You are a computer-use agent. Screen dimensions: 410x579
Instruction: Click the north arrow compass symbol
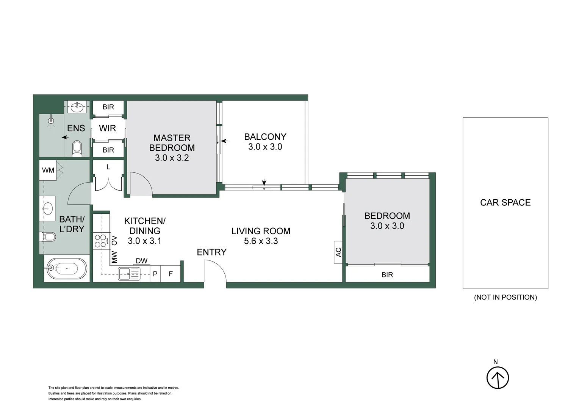(498, 377)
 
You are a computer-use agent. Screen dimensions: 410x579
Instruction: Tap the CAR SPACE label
(505, 202)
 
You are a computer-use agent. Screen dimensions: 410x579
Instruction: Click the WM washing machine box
(48, 170)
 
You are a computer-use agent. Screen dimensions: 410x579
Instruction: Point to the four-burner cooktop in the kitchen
(100, 241)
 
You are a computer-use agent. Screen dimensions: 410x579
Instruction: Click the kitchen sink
(129, 273)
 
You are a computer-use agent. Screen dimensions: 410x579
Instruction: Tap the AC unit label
(338, 252)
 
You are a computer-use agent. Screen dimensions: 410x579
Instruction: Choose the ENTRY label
(211, 252)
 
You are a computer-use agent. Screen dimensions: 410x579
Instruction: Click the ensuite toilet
(77, 148)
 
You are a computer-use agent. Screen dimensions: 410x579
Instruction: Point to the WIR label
(107, 128)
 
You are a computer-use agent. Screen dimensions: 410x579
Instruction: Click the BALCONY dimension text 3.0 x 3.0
(265, 147)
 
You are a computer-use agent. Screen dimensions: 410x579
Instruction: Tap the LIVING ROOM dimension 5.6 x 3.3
(261, 241)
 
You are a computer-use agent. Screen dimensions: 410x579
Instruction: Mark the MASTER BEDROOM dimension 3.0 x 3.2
(172, 158)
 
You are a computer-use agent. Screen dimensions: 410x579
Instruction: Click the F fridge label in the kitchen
(171, 274)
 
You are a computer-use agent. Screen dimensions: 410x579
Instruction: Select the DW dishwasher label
(141, 261)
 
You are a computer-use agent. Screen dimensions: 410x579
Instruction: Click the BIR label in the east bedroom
(387, 275)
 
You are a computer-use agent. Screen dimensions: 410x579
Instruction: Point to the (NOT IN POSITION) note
(505, 297)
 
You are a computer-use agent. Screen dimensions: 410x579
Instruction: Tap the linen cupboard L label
(108, 167)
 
